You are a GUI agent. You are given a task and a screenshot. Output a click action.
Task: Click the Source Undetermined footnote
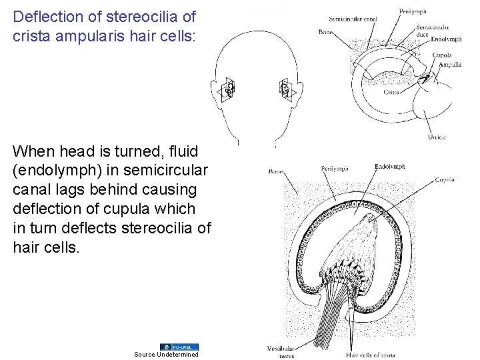coord(166,354)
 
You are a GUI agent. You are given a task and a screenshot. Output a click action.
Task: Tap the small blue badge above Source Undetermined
coord(179,347)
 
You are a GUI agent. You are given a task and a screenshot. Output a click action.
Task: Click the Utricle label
coord(437,137)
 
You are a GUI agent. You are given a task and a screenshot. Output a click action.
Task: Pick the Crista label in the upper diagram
coord(391,93)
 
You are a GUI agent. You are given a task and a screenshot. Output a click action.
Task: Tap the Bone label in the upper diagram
coord(326,32)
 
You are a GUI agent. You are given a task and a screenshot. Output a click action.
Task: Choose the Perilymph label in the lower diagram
coord(335,169)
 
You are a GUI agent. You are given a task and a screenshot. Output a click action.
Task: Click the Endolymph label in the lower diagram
coord(390,167)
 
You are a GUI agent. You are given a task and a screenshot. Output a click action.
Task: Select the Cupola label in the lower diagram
coord(445,179)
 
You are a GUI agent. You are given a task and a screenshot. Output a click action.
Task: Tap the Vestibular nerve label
coord(279,351)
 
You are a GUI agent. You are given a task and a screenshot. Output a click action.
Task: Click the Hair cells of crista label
coord(371,355)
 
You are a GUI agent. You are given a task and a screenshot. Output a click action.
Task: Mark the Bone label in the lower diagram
coord(276,171)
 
